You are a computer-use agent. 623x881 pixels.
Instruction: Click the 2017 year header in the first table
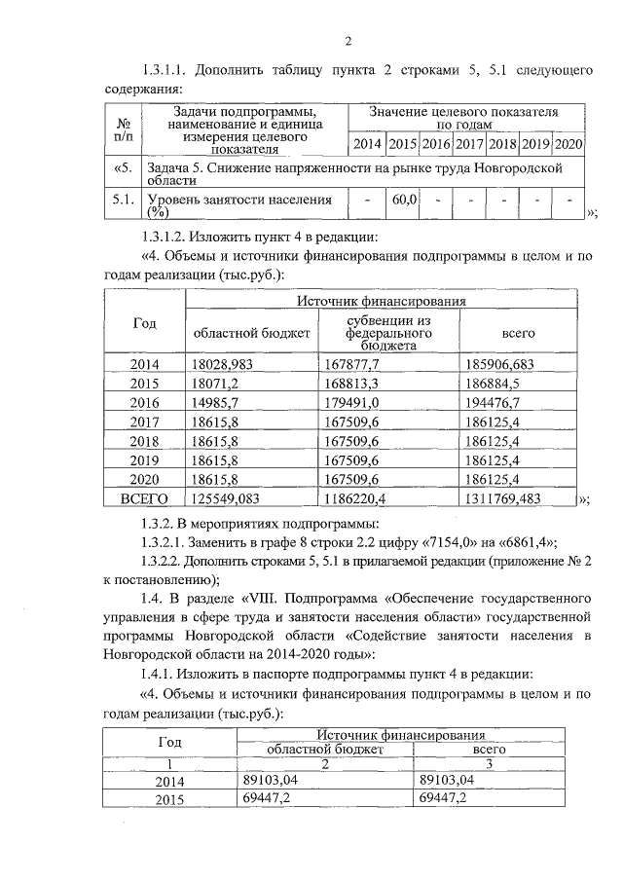[469, 144]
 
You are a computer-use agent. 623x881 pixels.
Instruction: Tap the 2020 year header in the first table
[568, 144]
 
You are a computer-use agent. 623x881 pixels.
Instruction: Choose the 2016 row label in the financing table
[144, 402]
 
